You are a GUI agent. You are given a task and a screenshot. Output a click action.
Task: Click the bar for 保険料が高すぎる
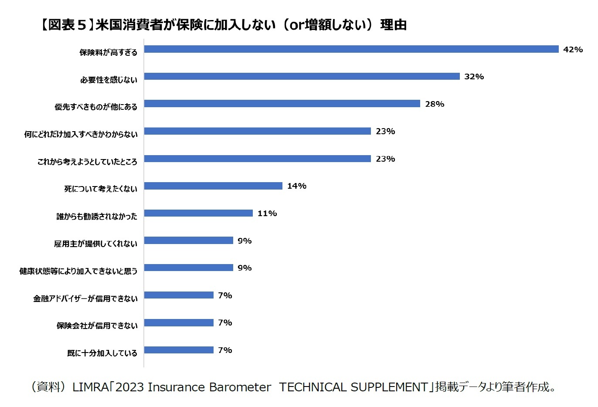[351, 49]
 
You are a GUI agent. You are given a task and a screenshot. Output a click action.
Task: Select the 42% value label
[573, 50]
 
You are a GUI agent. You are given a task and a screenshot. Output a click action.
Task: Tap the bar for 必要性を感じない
[302, 77]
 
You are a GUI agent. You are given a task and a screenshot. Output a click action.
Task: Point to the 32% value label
[474, 77]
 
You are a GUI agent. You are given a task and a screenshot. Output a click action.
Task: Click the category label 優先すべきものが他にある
[96, 107]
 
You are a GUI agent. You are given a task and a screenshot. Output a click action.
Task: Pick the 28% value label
[435, 104]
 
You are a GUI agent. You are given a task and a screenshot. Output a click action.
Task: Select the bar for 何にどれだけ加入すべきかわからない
[257, 131]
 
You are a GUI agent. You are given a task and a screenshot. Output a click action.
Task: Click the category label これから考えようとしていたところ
[87, 162]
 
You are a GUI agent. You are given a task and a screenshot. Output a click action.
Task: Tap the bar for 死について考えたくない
[213, 186]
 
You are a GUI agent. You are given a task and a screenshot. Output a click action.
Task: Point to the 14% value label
[297, 186]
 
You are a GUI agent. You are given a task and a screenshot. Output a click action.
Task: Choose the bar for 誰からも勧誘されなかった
[198, 213]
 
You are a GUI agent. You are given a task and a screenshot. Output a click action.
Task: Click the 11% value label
[267, 214]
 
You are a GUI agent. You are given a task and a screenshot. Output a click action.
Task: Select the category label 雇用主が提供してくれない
[95, 244]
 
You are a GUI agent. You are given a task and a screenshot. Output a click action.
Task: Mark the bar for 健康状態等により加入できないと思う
[188, 268]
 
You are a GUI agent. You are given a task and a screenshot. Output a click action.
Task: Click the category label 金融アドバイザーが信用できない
[85, 298]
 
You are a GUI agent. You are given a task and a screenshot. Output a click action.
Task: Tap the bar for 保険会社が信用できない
[179, 322]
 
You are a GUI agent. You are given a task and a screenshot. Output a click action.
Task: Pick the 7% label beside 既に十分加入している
[225, 350]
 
